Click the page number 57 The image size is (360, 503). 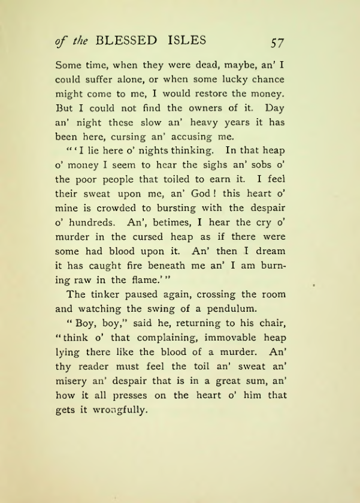[277, 43]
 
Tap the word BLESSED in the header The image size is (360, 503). [125, 41]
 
